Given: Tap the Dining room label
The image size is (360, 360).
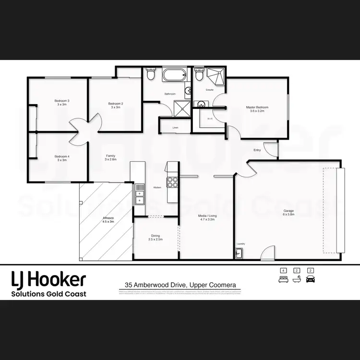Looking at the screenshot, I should [x=156, y=237].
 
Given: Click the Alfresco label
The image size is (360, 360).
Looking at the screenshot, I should [x=108, y=220].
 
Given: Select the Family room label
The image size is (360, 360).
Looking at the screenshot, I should [x=110, y=157].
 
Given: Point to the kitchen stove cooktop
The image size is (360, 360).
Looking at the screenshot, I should [x=172, y=182].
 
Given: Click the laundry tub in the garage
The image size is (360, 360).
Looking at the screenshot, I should [x=239, y=252].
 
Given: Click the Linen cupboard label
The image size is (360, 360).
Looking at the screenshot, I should [x=175, y=127].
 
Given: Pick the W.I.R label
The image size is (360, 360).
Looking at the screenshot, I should [x=210, y=118].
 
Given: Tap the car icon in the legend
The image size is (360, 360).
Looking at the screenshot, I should [x=311, y=278].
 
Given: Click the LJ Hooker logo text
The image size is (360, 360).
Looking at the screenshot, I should [x=48, y=278].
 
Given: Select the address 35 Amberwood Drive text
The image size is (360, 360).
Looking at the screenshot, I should [x=180, y=285].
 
